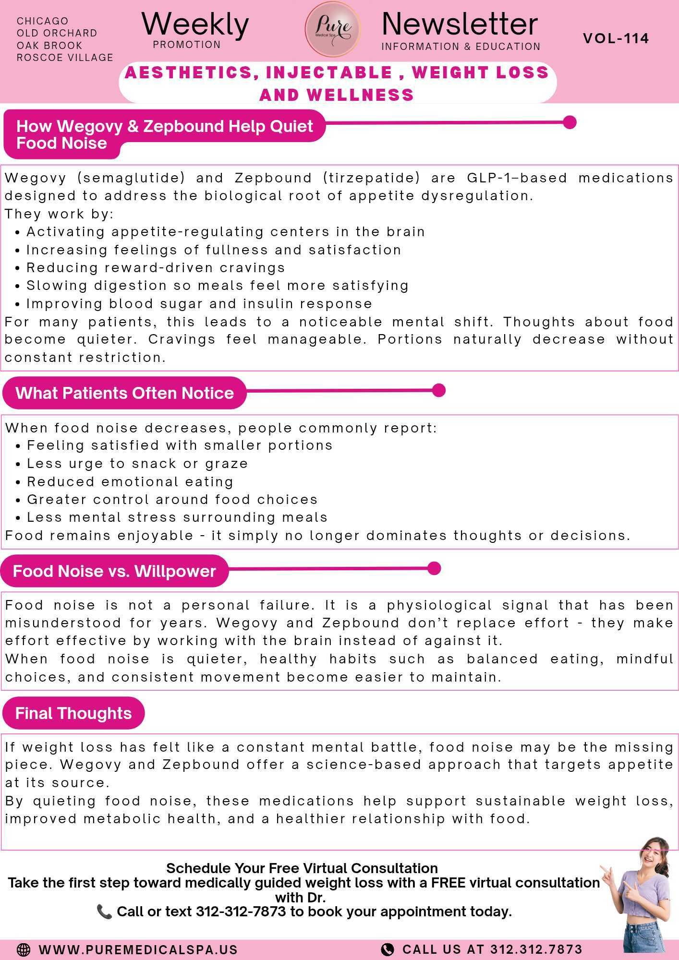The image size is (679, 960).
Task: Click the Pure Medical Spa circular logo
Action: [x=333, y=29]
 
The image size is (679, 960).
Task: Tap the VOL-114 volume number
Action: [x=616, y=38]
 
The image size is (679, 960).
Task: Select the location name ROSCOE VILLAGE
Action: [x=65, y=58]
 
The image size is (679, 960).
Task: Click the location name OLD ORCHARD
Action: [x=57, y=33]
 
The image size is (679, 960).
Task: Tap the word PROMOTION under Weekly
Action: [x=187, y=45]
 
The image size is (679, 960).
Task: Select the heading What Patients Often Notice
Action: [x=124, y=393]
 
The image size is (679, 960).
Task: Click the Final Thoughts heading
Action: [x=73, y=713]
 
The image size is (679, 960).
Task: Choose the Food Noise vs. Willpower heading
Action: [x=114, y=571]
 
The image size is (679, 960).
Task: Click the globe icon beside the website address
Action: [x=23, y=949]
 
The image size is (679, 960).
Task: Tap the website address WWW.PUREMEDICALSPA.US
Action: [x=138, y=949]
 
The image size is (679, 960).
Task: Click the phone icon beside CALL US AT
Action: [x=387, y=949]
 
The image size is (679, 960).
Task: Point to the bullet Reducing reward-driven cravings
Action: [x=156, y=267]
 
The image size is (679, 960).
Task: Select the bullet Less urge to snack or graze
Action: [x=137, y=464]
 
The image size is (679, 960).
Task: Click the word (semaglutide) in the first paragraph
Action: [x=131, y=178]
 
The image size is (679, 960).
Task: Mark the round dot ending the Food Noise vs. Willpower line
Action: [x=434, y=568]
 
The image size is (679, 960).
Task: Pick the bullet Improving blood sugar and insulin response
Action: [x=199, y=304]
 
